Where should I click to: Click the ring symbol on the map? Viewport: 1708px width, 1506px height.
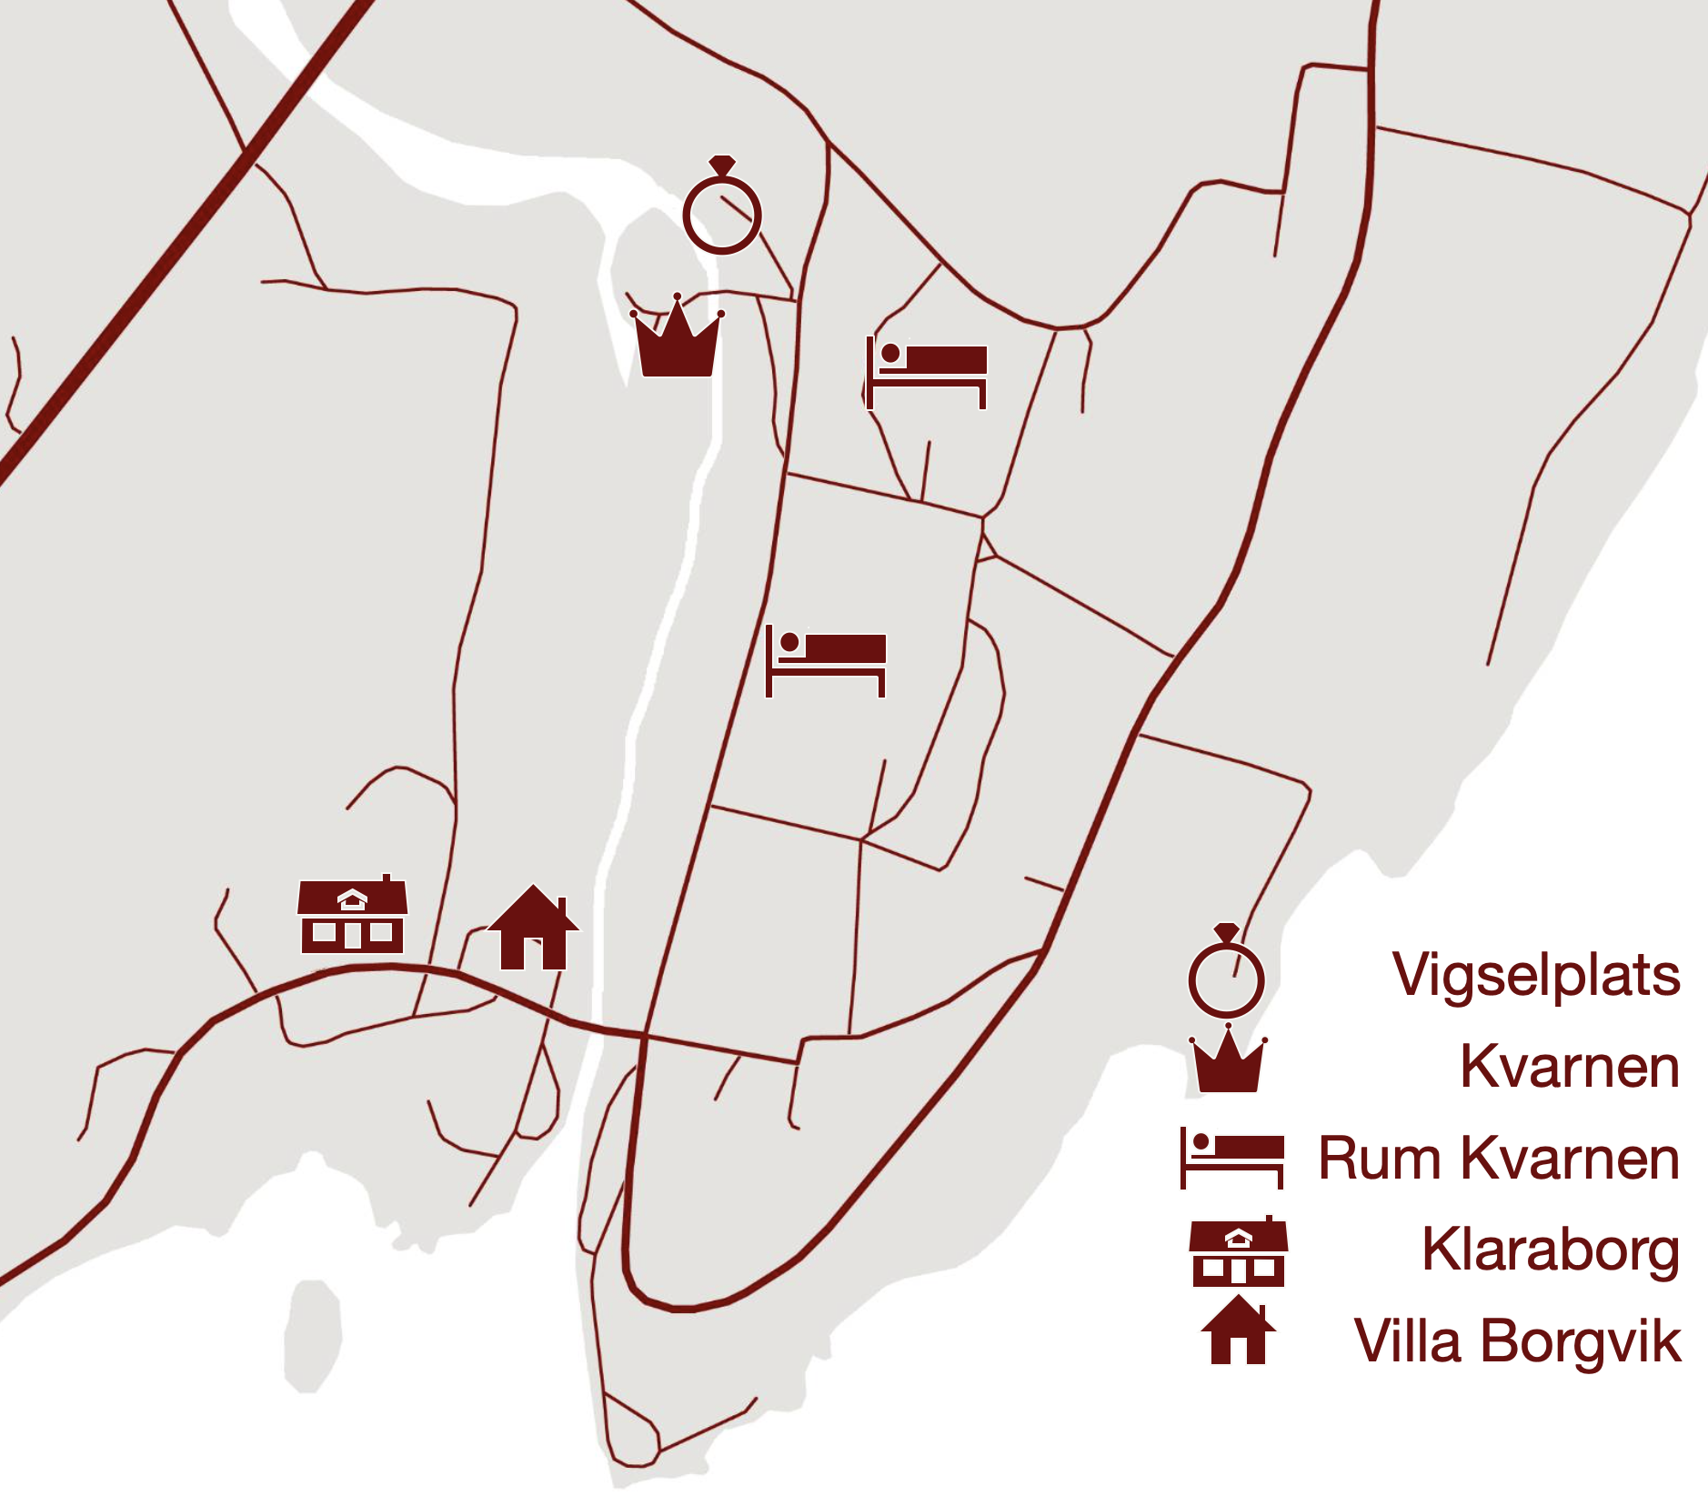tap(722, 215)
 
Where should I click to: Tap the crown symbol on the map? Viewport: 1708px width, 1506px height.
tap(677, 341)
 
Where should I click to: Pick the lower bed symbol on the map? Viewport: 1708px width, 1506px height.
tap(825, 660)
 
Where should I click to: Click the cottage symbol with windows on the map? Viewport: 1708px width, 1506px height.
tap(353, 917)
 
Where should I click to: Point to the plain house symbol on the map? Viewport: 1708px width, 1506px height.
tap(533, 929)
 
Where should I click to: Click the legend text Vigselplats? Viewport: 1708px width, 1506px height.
tap(1535, 976)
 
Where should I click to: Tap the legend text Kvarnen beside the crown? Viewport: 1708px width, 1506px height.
tap(1569, 1066)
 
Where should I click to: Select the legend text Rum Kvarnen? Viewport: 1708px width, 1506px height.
tap(1498, 1159)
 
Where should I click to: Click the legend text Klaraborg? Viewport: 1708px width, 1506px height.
tap(1550, 1250)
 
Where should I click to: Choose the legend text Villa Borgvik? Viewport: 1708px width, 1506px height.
tap(1517, 1340)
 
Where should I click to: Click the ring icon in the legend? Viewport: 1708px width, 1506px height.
tap(1226, 978)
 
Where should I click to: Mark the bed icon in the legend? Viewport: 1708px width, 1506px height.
tap(1231, 1158)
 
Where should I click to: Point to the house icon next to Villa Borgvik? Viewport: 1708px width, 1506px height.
tap(1238, 1331)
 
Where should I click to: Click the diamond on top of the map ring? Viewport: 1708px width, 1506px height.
tap(722, 165)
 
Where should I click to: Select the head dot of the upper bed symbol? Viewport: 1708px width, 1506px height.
tap(890, 353)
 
